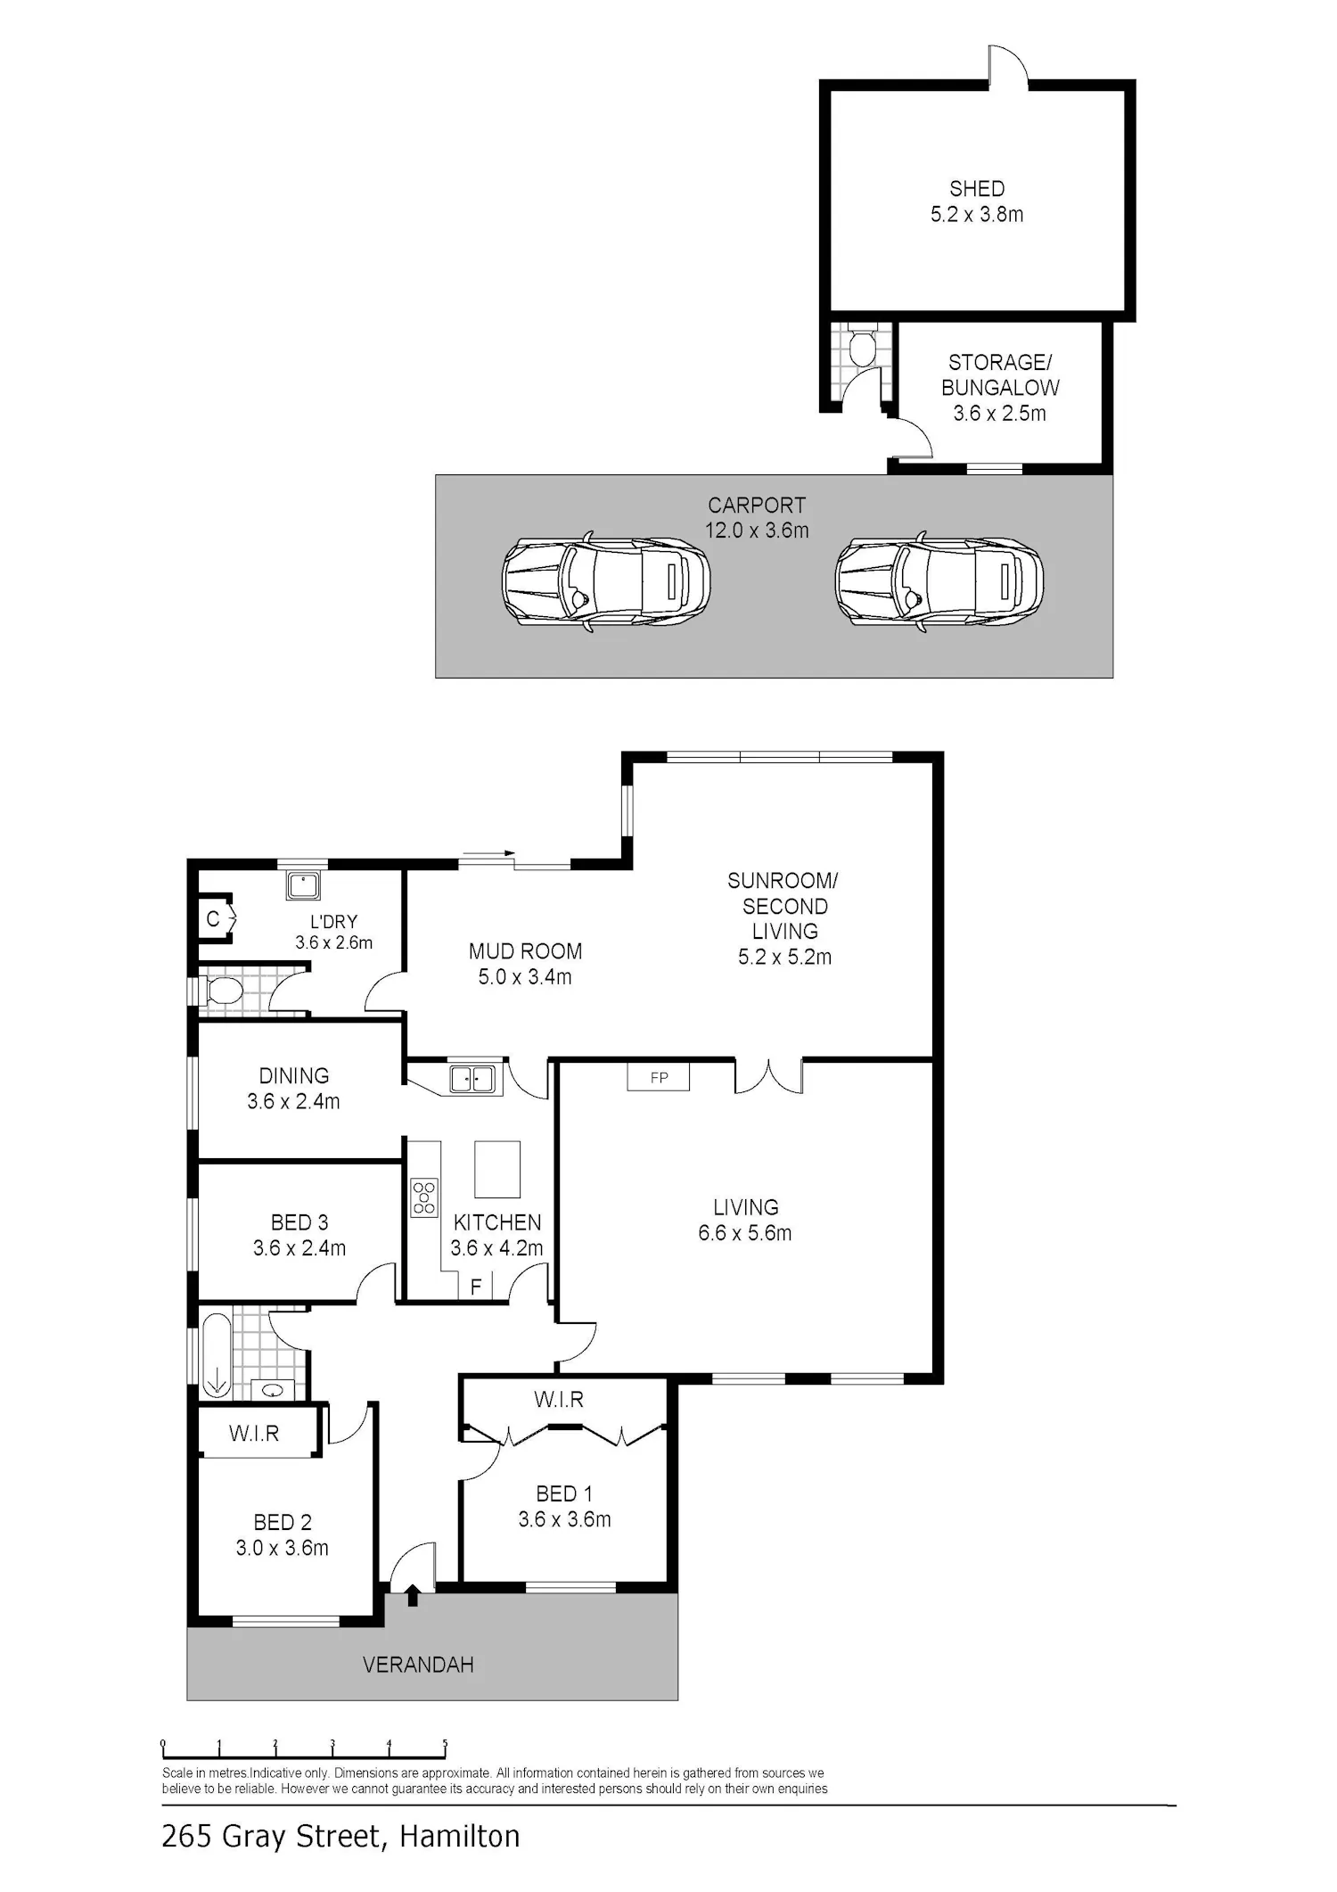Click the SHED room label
tap(977, 189)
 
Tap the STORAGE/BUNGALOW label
tap(1000, 375)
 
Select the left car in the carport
tap(606, 583)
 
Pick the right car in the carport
tap(939, 583)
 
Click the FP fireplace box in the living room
tap(659, 1077)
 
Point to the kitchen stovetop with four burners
tap(424, 1197)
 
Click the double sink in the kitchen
tap(472, 1079)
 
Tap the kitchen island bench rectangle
tap(497, 1169)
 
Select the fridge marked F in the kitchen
tap(476, 1287)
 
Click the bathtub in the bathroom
tap(217, 1354)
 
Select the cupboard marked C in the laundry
tap(214, 918)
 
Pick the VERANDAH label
tap(418, 1665)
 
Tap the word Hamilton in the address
tap(460, 1837)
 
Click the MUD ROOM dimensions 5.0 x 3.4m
tap(525, 977)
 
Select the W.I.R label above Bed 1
tap(559, 1400)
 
